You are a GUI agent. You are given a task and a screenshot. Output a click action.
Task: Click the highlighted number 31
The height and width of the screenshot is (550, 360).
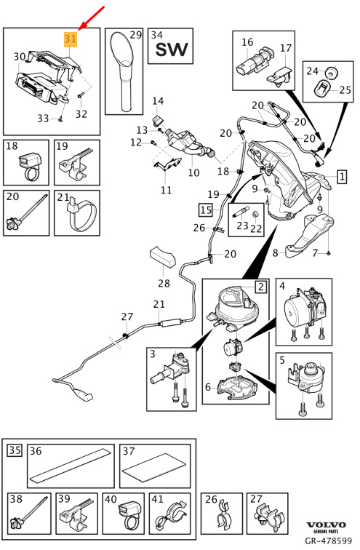[x=70, y=39]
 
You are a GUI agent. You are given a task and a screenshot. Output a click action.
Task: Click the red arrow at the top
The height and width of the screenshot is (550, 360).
[x=92, y=17]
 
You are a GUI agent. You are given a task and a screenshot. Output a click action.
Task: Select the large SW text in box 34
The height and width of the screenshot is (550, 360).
[x=172, y=49]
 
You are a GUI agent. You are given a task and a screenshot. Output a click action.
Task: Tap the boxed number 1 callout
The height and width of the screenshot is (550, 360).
[x=342, y=177]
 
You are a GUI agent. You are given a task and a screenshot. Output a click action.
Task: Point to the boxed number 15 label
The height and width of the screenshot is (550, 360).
[x=206, y=210]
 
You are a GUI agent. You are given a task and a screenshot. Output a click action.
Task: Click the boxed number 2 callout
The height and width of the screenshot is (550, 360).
[x=261, y=287]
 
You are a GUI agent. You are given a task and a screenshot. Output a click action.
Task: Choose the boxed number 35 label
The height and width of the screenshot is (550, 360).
[x=15, y=450]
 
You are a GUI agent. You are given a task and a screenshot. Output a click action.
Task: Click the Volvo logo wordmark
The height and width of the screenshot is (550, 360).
[x=326, y=525]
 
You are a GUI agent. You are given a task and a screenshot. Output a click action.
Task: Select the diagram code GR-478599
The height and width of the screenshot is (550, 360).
[x=328, y=541]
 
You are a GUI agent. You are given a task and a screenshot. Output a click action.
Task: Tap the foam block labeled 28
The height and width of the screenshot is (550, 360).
[x=163, y=257]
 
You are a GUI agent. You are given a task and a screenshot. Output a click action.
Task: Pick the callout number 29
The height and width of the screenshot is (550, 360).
[x=136, y=35]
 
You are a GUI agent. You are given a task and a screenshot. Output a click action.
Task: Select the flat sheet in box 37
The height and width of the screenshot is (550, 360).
[x=155, y=467]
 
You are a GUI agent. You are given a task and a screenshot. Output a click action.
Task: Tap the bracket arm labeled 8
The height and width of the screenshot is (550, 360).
[x=308, y=236]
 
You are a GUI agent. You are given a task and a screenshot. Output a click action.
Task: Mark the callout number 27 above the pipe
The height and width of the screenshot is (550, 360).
[x=127, y=316]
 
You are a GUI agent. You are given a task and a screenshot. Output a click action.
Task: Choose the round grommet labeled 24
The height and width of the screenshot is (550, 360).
[x=331, y=72]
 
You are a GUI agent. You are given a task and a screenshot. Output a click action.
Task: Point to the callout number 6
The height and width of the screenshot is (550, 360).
[x=208, y=387]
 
